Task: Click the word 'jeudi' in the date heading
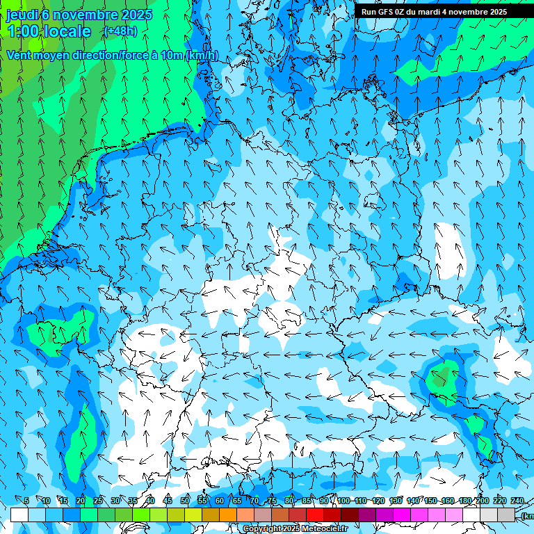pos(22,15)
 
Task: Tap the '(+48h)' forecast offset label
pos(120,31)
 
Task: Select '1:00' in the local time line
pos(22,31)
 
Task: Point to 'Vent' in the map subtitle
pos(20,56)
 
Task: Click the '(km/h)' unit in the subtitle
pos(202,56)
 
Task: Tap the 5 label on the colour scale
pos(26,501)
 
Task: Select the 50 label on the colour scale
pos(185,501)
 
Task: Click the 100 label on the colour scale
pos(343,501)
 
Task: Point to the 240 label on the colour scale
pos(517,501)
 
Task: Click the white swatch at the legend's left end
pos(19,515)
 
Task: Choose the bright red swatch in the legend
pos(315,515)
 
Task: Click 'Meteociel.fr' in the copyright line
pos(323,529)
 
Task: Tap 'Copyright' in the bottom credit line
pos(261,529)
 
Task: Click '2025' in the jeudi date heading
pos(136,15)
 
